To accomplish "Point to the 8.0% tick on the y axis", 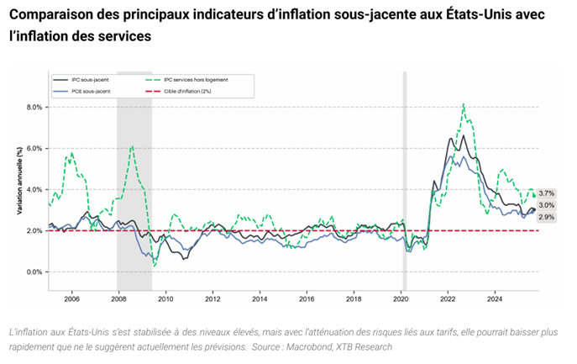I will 34,108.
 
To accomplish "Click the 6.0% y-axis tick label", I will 34,149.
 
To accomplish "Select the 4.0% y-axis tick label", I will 34,190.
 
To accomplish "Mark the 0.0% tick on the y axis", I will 34,272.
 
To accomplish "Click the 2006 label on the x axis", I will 71,298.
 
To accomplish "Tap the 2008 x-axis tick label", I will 118,298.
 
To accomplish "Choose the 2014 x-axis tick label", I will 260,298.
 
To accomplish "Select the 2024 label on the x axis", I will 496,298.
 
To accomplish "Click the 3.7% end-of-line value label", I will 546,193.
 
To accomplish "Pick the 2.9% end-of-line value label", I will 546,217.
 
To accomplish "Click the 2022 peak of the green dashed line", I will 464,104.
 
